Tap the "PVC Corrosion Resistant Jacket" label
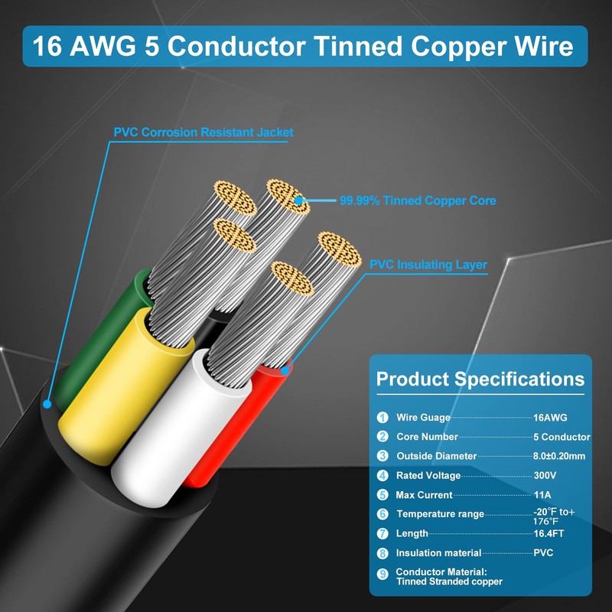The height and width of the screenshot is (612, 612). [x=203, y=132]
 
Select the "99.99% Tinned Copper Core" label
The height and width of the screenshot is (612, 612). [x=418, y=200]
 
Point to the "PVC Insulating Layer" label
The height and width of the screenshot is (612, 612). [x=428, y=265]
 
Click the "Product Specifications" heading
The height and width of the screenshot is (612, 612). [x=480, y=379]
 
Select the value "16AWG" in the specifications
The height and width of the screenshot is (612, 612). [x=550, y=418]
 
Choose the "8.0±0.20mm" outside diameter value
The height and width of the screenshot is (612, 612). [x=560, y=456]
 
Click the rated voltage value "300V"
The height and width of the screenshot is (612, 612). [x=545, y=475]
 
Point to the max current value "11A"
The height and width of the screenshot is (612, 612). [x=542, y=495]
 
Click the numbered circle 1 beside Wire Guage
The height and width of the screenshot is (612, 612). [x=382, y=418]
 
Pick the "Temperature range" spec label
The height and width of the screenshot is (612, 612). [x=440, y=514]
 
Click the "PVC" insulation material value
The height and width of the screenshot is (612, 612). [x=543, y=552]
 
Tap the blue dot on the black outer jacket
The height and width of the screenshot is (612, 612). [x=47, y=405]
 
